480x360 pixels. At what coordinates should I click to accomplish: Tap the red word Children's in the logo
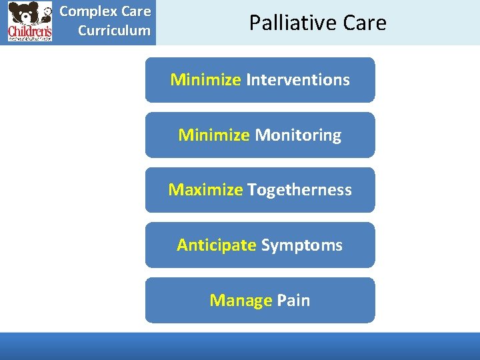(x=29, y=31)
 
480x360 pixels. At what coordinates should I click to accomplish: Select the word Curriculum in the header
(x=114, y=31)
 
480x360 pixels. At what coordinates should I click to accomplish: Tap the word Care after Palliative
(x=365, y=23)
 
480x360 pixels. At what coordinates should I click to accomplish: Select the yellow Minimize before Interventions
(x=205, y=80)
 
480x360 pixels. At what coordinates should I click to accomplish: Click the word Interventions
(x=298, y=80)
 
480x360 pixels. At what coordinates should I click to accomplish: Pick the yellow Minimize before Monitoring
(x=213, y=135)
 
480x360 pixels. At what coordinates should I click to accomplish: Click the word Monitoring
(x=298, y=135)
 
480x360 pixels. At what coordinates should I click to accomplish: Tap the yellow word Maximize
(x=205, y=190)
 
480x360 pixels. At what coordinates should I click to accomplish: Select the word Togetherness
(x=299, y=190)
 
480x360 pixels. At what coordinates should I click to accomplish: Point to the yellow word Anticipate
(x=216, y=245)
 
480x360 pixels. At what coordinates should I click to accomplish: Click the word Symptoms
(x=301, y=245)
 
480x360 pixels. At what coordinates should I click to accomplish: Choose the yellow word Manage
(x=241, y=301)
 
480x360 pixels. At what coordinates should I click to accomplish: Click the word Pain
(x=293, y=301)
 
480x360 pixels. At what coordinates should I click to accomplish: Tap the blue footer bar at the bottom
(x=240, y=346)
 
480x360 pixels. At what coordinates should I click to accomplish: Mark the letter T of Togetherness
(x=251, y=190)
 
